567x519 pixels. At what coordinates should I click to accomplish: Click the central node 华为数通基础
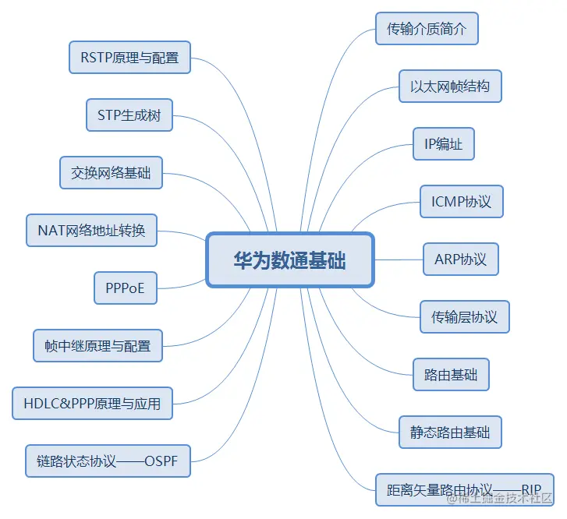tap(290, 259)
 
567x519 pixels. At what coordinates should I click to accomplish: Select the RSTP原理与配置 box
tap(129, 57)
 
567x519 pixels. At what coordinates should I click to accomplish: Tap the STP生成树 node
tap(129, 115)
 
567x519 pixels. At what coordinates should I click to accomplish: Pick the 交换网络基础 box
tap(111, 172)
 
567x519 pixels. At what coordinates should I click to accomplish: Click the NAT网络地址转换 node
tap(91, 230)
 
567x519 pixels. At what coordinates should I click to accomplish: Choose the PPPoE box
tap(125, 288)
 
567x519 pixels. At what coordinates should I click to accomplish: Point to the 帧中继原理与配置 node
tap(97, 345)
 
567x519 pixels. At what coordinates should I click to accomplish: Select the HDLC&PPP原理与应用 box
tap(92, 403)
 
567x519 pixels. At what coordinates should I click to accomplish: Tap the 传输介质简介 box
tap(427, 29)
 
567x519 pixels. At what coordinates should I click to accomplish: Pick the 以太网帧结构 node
tap(450, 86)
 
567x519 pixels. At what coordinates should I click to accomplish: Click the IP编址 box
tap(444, 144)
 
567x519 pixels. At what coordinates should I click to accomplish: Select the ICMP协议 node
tap(462, 201)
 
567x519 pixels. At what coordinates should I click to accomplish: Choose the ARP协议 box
tap(461, 259)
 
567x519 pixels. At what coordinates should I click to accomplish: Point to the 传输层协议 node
tap(464, 316)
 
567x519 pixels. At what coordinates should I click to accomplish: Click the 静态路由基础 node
tap(450, 432)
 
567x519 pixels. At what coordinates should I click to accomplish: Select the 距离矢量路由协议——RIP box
tap(464, 489)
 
